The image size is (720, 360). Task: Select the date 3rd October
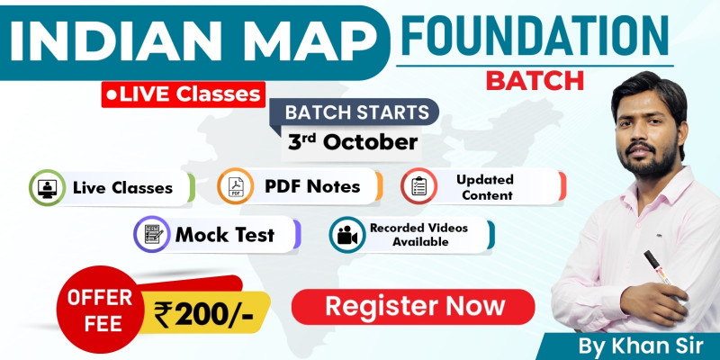tap(353, 142)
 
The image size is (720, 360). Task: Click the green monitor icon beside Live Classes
tap(45, 187)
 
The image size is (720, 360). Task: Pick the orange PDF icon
tap(234, 186)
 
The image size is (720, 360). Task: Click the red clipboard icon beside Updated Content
tap(418, 185)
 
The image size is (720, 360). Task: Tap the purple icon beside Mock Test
tap(150, 235)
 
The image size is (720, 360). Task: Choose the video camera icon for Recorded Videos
tap(346, 234)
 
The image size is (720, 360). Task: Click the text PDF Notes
tap(312, 186)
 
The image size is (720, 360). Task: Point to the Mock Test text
tap(225, 236)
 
